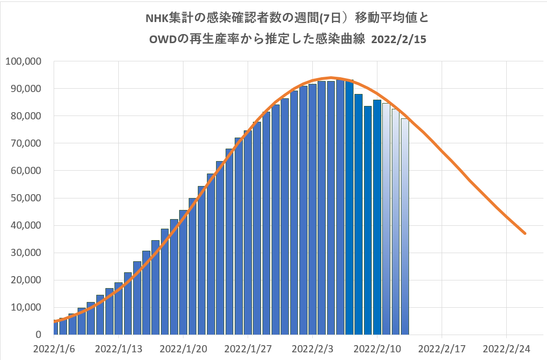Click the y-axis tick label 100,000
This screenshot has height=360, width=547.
point(23,62)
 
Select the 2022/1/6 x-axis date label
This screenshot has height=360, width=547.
point(54,348)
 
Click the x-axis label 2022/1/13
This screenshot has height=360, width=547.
point(118,348)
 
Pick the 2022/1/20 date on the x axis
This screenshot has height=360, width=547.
point(183,348)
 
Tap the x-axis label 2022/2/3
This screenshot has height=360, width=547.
point(312,348)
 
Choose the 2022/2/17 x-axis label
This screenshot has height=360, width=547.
point(442,348)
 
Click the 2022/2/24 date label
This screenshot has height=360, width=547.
point(506,348)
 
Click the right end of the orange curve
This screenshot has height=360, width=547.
point(525,233)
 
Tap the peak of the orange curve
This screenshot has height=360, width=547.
point(331,78)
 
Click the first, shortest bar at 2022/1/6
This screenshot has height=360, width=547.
point(55,328)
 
